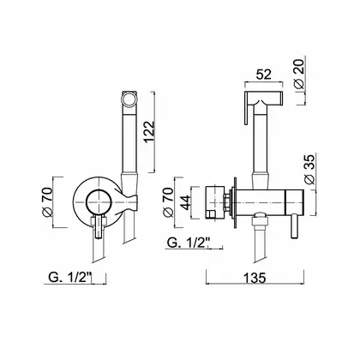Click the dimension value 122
(149, 132)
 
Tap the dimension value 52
(263, 75)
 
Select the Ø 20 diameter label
(300, 73)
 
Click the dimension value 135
(255, 278)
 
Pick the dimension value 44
(186, 202)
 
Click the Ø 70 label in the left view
(47, 202)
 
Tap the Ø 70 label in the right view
(168, 202)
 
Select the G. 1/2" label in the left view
(70, 277)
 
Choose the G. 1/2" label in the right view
(189, 243)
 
